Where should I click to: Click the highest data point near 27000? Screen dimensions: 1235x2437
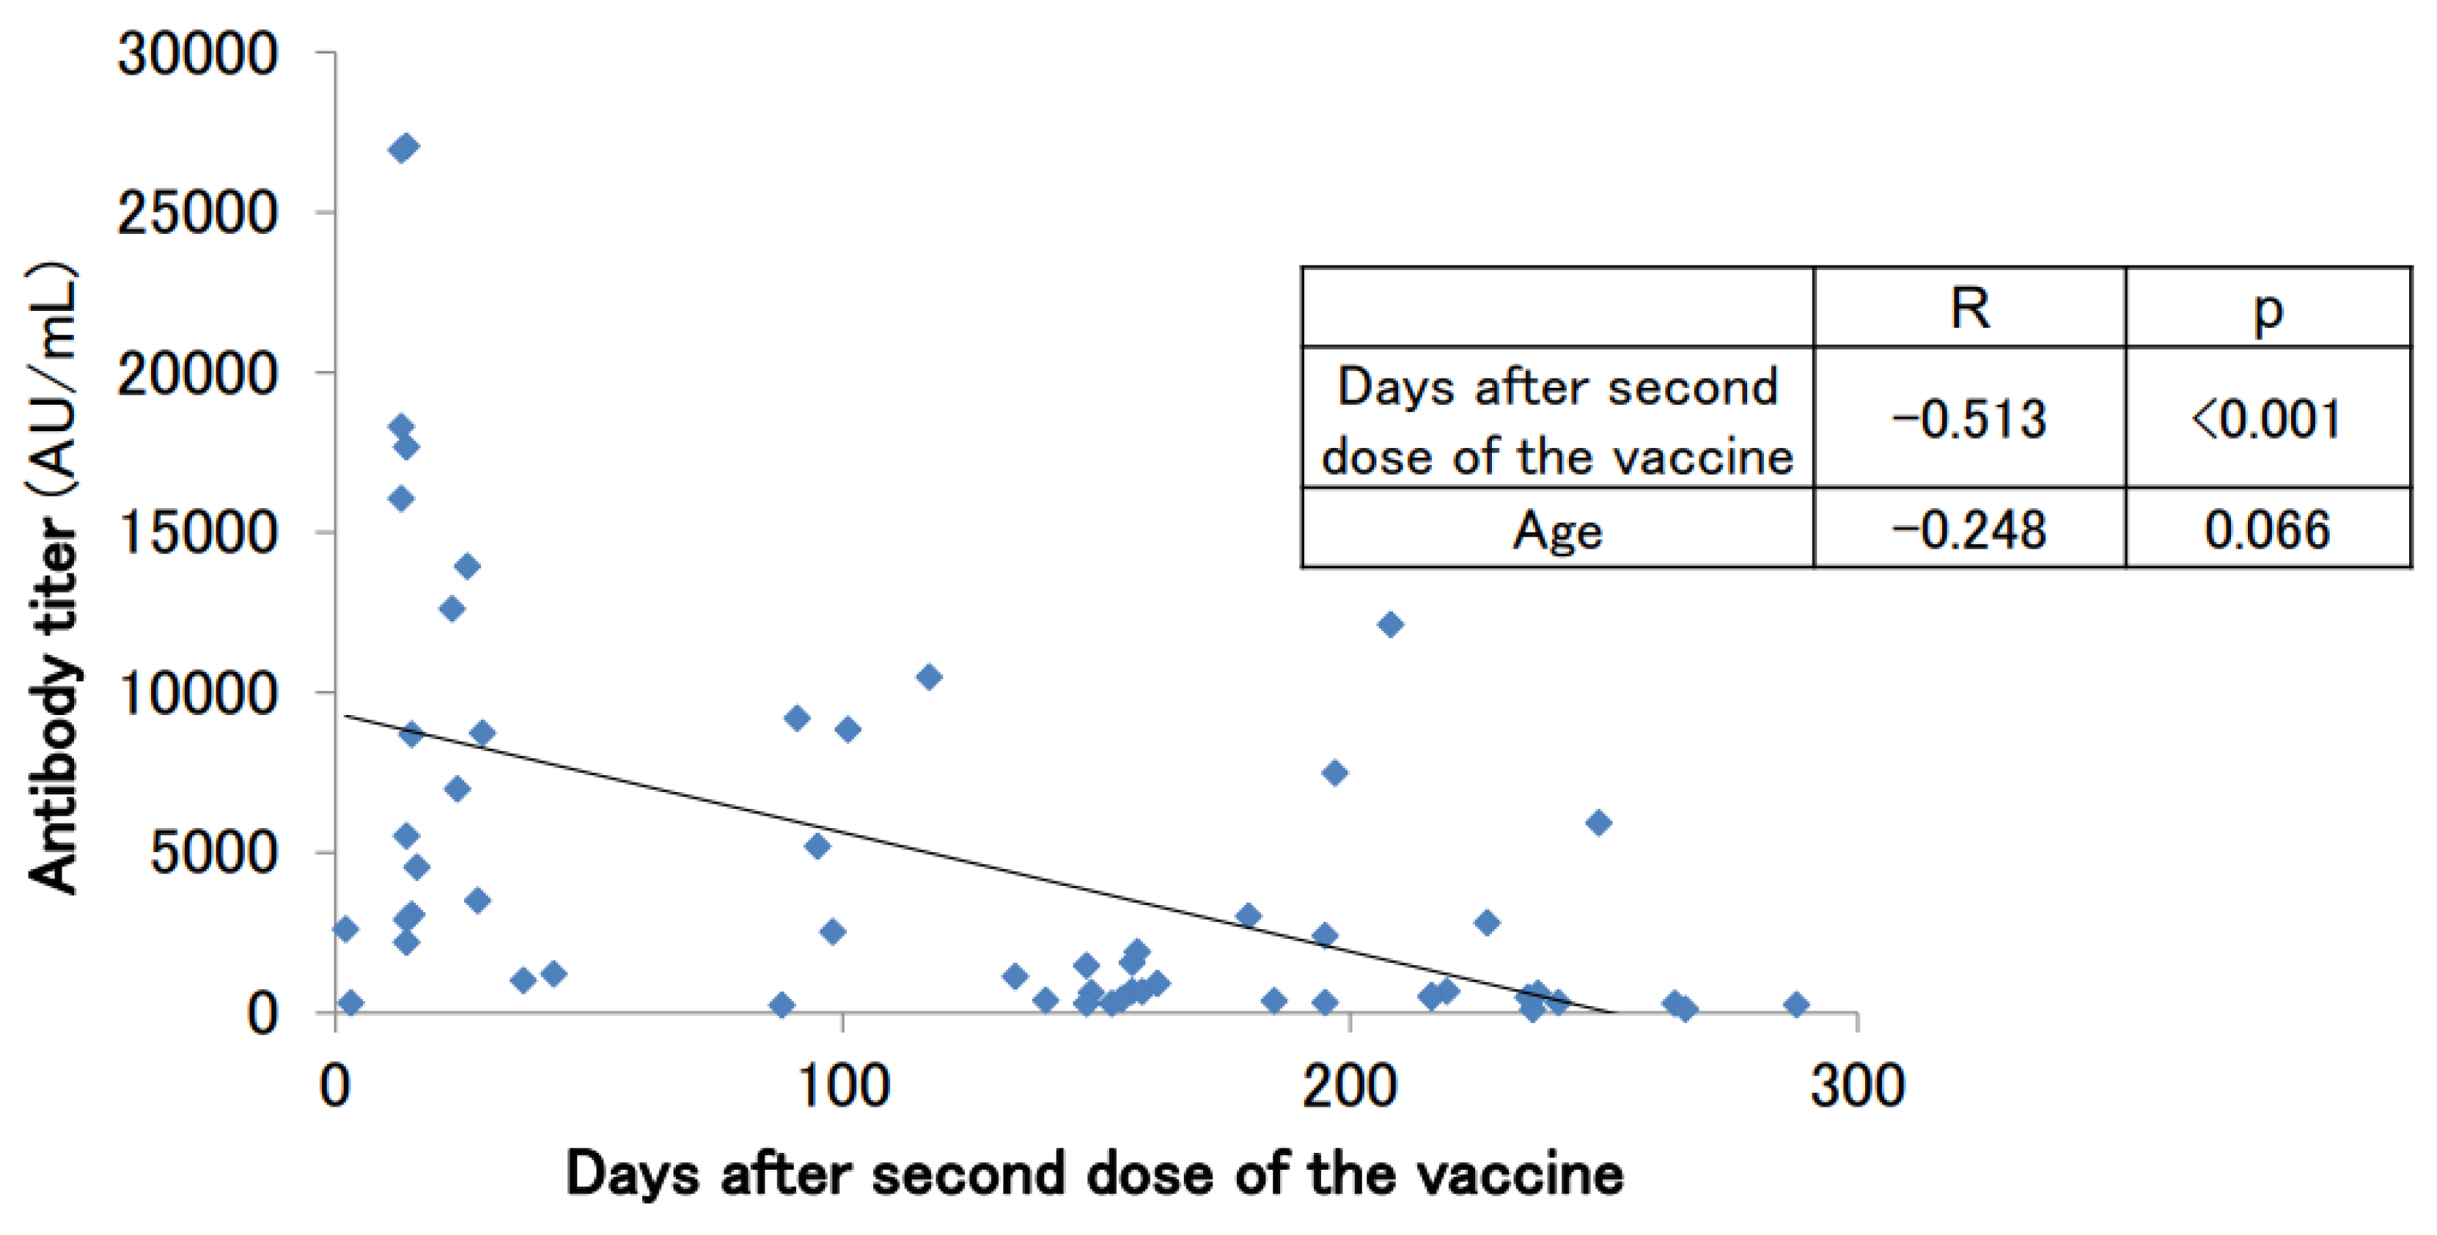point(404,147)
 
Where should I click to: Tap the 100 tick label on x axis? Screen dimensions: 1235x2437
point(843,1085)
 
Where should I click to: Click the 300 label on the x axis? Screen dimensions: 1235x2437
point(1857,1085)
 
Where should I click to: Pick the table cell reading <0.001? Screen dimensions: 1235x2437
point(2267,418)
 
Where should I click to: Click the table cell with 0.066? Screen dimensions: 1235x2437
point(2267,529)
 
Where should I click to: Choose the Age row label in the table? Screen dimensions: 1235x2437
point(1557,529)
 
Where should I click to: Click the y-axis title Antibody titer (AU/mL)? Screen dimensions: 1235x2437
point(52,577)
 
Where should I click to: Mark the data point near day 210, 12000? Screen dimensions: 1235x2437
point(1390,625)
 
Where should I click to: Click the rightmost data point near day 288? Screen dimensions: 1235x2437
point(1796,1005)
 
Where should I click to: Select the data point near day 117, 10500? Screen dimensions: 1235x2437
point(929,677)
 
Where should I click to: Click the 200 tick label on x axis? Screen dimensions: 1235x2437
point(1349,1085)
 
